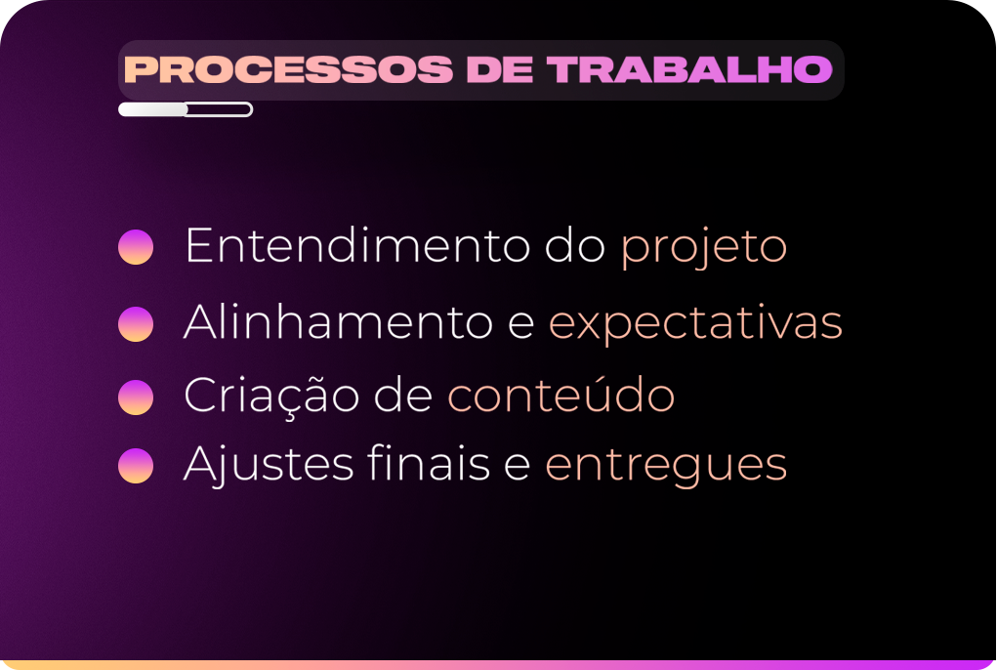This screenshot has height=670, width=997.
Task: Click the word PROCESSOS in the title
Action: (x=288, y=69)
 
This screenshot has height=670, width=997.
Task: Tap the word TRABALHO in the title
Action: (x=689, y=69)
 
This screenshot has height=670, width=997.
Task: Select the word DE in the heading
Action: (x=500, y=69)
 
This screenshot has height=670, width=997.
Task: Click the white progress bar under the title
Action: (x=186, y=109)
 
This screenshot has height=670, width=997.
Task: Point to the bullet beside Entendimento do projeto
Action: (x=136, y=247)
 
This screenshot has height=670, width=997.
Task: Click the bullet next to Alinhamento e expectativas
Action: (x=136, y=324)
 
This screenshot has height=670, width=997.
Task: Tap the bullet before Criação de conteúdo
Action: (x=136, y=398)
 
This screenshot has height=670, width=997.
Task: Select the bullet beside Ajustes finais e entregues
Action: (x=136, y=465)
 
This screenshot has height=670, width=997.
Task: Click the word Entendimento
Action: (x=357, y=245)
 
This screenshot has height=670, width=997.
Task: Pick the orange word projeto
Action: (x=704, y=249)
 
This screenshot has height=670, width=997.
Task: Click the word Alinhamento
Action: (x=338, y=321)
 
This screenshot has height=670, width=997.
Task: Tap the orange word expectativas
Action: (x=695, y=324)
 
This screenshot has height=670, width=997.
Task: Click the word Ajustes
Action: (x=269, y=465)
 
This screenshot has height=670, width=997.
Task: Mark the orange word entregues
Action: (x=666, y=467)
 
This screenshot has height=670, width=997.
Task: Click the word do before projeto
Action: (x=575, y=245)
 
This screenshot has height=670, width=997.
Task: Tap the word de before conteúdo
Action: (x=403, y=395)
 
